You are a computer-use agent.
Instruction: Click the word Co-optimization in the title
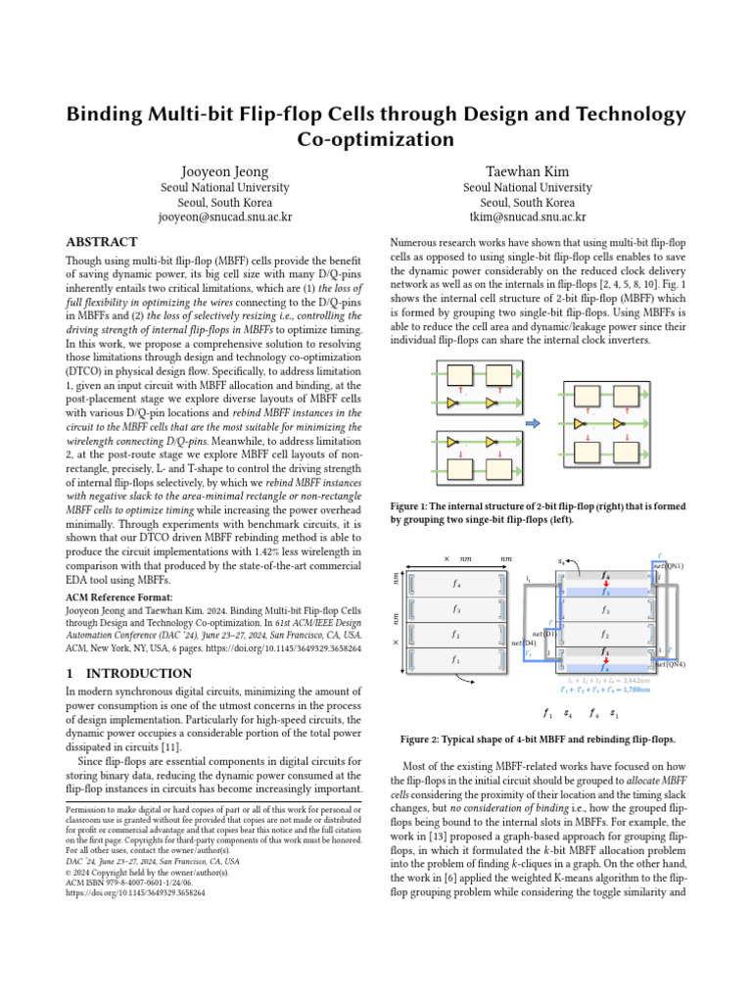coord(375,138)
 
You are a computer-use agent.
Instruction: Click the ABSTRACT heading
coord(101,242)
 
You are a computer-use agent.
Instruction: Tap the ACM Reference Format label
coord(119,597)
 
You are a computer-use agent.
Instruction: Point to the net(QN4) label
coord(668,664)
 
